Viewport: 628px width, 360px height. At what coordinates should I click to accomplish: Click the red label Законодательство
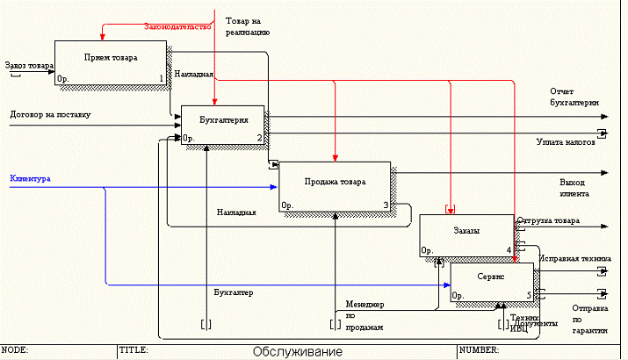click(178, 27)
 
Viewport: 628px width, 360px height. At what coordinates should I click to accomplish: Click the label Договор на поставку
click(50, 114)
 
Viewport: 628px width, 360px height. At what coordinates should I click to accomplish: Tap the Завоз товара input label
click(26, 64)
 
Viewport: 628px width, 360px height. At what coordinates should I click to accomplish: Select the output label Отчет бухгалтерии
click(574, 97)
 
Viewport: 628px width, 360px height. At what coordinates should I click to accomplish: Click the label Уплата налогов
click(566, 141)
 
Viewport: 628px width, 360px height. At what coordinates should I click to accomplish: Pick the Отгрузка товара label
click(548, 220)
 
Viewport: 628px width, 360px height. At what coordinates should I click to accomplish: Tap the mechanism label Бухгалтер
click(234, 292)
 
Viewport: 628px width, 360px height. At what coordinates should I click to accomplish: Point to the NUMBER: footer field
click(480, 349)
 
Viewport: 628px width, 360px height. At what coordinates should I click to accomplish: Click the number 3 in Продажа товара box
click(386, 205)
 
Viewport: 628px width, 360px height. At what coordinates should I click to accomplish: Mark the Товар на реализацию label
click(247, 25)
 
